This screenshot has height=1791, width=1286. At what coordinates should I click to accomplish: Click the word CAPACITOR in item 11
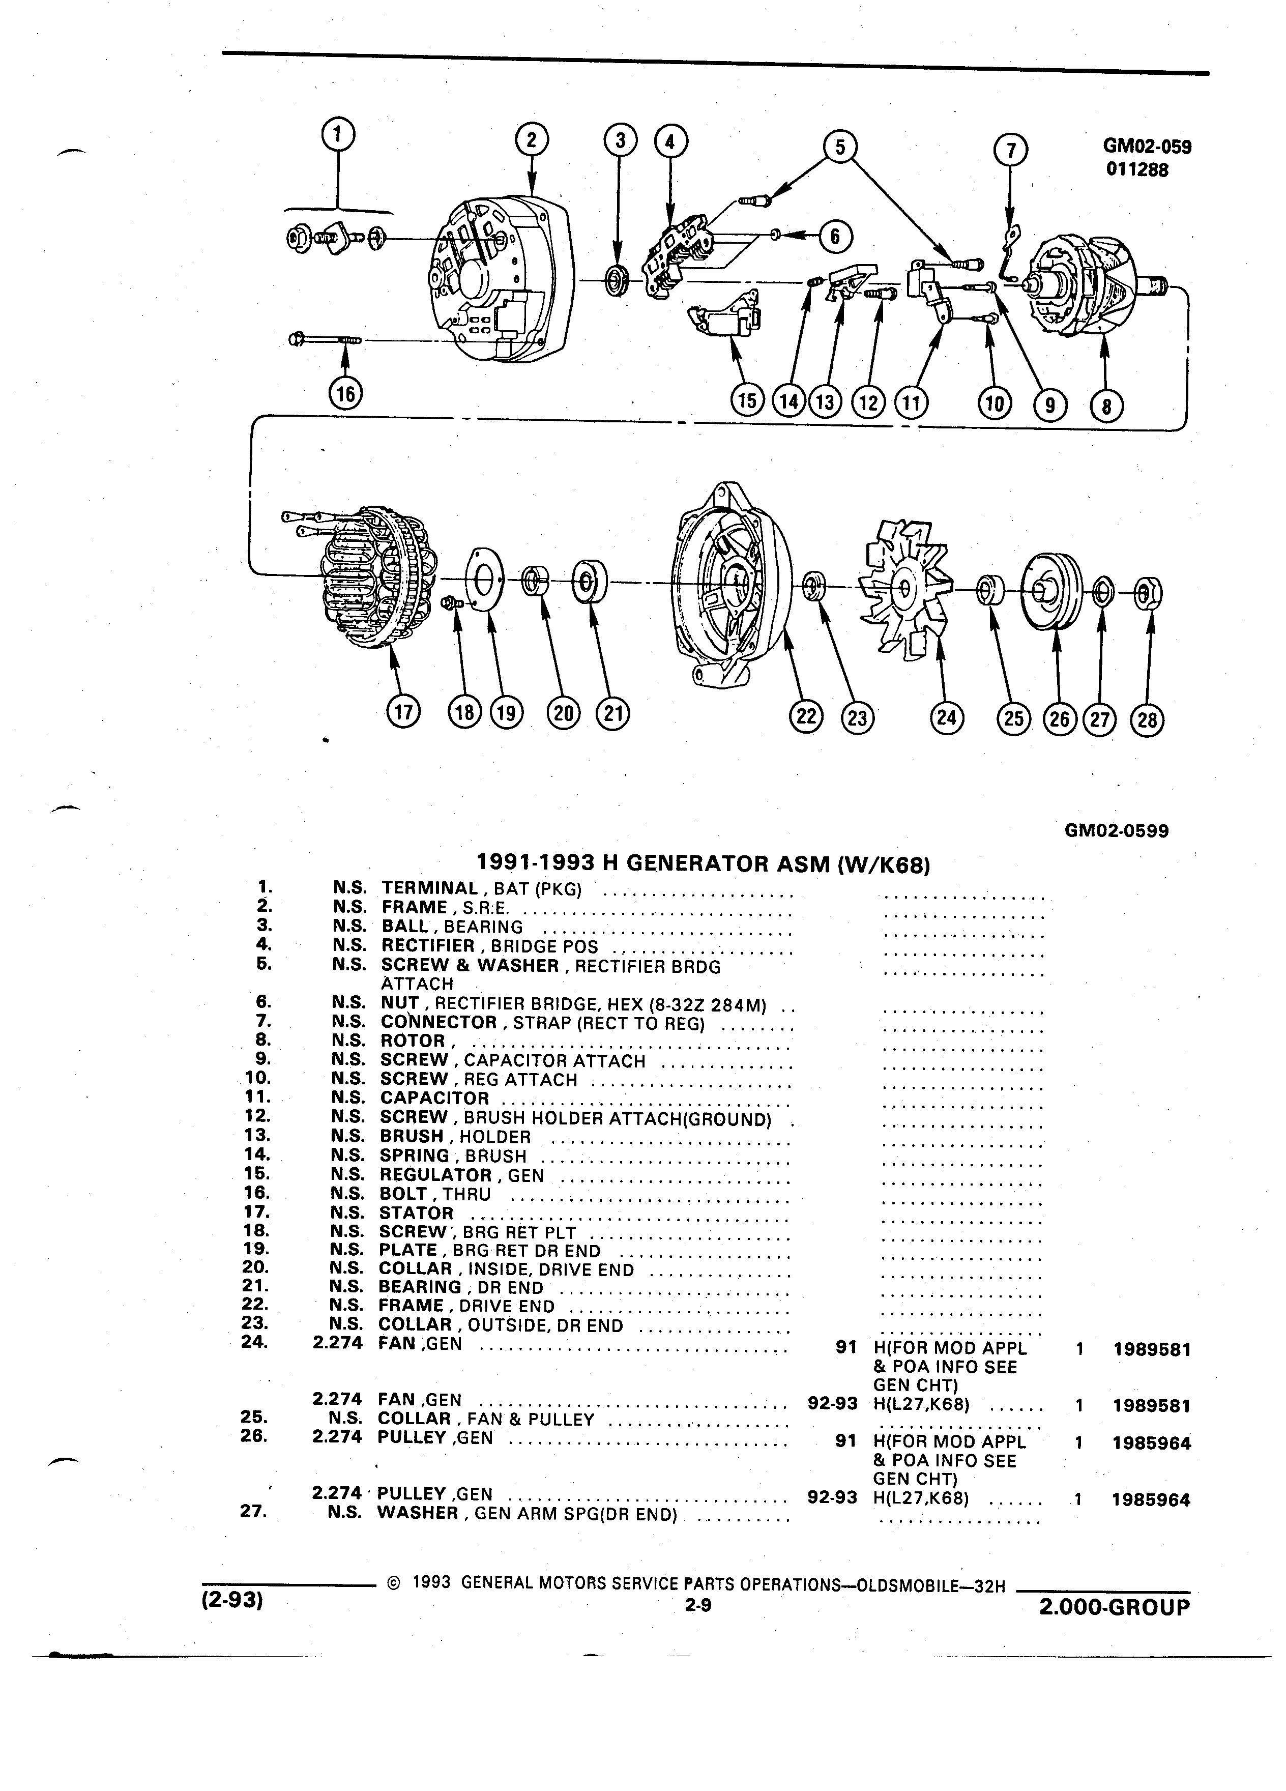pyautogui.click(x=435, y=1097)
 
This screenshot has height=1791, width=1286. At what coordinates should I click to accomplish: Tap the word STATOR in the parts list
pyautogui.click(x=417, y=1213)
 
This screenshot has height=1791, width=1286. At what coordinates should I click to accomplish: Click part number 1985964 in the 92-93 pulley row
pyautogui.click(x=1151, y=1499)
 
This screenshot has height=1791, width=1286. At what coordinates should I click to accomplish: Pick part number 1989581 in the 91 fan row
pyautogui.click(x=1152, y=1349)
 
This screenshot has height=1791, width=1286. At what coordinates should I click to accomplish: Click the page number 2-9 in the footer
pyautogui.click(x=698, y=1605)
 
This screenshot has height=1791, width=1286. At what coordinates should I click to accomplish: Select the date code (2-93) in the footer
pyautogui.click(x=232, y=1602)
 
